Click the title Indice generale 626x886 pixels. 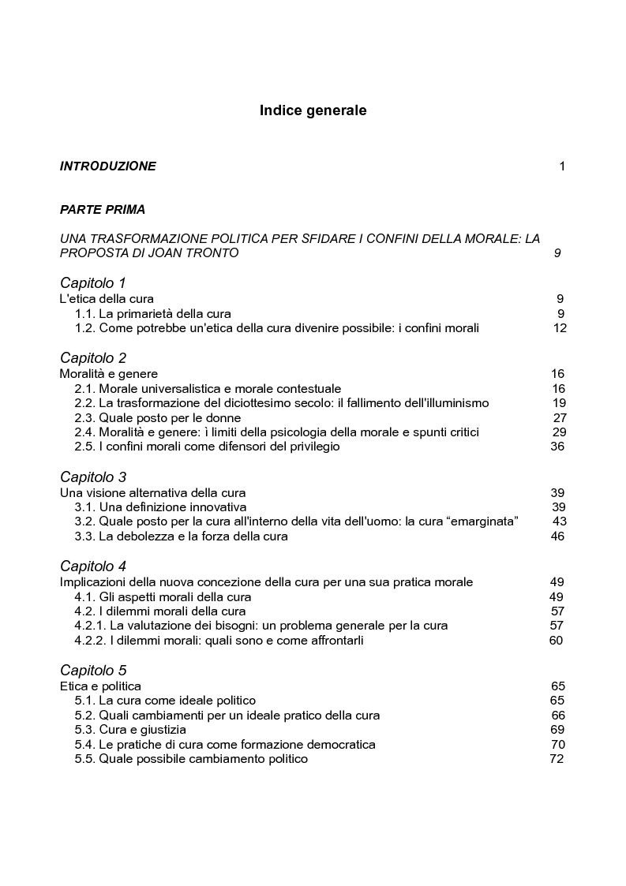[x=313, y=110]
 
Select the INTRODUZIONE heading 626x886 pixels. [x=108, y=166]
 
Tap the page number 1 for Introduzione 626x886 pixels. [x=562, y=166]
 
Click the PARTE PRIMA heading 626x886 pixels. [x=103, y=211]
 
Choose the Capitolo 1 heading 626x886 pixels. [x=93, y=282]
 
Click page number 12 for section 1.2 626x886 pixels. [x=560, y=328]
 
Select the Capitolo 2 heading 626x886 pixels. [x=93, y=358]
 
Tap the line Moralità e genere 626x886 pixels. [x=109, y=374]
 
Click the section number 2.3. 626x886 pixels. [x=84, y=418]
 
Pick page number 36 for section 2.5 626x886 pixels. [x=557, y=447]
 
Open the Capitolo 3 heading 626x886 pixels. [x=93, y=477]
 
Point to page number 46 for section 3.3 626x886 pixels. [x=557, y=536]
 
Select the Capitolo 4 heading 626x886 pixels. [x=93, y=566]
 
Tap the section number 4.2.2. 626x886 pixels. [x=90, y=641]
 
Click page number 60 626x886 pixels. [x=556, y=641]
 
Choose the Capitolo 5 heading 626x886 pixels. [x=93, y=671]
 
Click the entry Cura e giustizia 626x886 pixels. [x=143, y=730]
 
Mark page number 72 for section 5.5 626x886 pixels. [x=557, y=759]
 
